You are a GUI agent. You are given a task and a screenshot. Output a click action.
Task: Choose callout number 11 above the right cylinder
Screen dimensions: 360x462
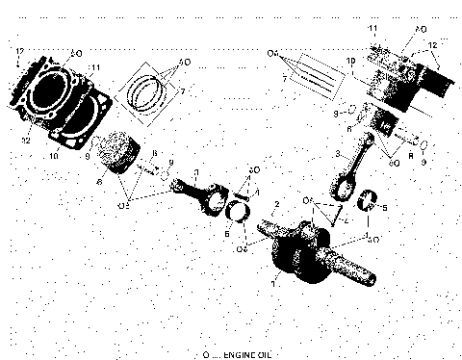(x=372, y=32)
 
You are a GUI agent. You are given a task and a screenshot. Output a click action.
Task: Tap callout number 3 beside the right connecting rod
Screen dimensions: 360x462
(x=337, y=153)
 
